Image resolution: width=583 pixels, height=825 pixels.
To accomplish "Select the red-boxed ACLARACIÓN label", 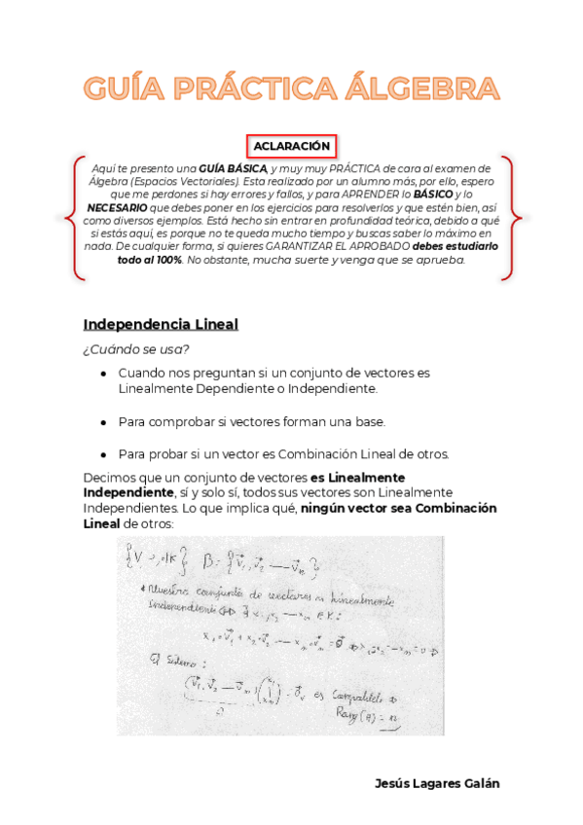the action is click(291, 146).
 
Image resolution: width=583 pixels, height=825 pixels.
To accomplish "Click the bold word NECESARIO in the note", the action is click(120, 207).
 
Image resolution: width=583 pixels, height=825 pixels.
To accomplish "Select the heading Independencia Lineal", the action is click(160, 324).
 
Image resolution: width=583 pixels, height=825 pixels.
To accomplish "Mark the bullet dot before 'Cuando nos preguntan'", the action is click(103, 374).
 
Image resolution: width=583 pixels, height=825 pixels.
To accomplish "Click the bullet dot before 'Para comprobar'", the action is click(103, 422).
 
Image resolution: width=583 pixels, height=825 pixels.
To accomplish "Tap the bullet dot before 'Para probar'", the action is click(103, 454).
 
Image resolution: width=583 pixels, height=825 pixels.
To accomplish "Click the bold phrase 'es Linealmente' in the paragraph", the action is click(357, 478).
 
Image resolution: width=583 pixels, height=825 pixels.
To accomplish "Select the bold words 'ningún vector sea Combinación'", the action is click(398, 509).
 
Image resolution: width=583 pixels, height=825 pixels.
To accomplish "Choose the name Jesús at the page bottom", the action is click(393, 784).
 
